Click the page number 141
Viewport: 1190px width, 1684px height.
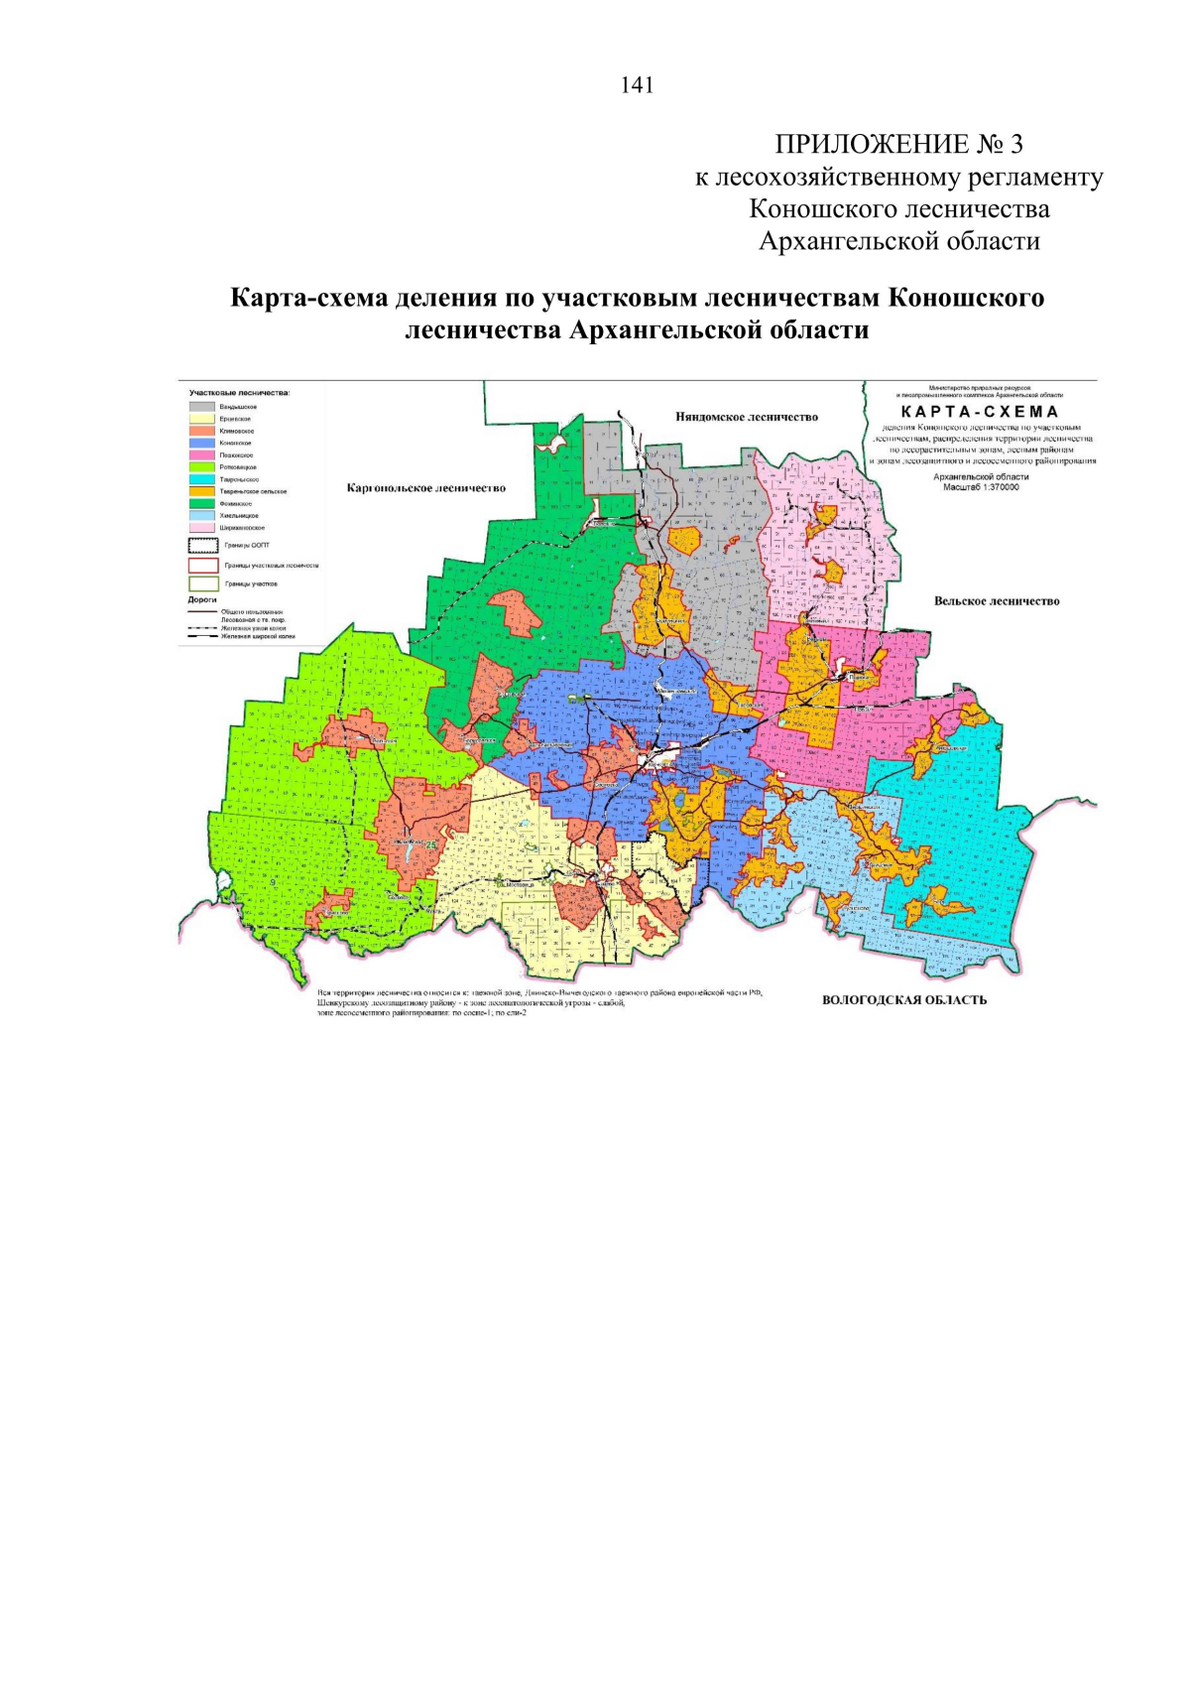tap(637, 85)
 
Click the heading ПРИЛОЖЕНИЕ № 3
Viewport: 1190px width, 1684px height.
tap(898, 145)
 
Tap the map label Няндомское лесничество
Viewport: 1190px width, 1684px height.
tap(747, 417)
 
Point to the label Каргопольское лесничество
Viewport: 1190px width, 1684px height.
tap(425, 488)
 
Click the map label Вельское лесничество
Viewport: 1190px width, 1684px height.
tap(996, 601)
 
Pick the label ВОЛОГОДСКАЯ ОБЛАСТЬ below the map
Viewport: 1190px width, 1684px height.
tap(903, 999)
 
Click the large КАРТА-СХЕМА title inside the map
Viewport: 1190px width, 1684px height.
tap(980, 411)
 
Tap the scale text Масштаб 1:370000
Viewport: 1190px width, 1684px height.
tap(981, 487)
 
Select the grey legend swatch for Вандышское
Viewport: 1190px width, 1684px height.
tap(202, 407)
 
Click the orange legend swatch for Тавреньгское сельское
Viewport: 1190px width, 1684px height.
tap(202, 491)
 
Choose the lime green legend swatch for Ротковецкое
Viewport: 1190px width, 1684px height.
tap(202, 466)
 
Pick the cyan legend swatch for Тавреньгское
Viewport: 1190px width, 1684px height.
tap(202, 479)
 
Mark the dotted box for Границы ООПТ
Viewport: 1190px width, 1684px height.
tap(202, 545)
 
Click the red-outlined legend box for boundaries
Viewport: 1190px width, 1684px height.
tap(202, 565)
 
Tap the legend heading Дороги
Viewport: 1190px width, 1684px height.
tap(202, 600)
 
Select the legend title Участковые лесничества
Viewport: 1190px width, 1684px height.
tap(239, 393)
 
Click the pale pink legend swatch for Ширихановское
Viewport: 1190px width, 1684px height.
tap(202, 528)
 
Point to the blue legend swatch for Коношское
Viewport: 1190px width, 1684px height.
tap(202, 443)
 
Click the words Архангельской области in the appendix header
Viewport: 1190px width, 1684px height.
tap(898, 241)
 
